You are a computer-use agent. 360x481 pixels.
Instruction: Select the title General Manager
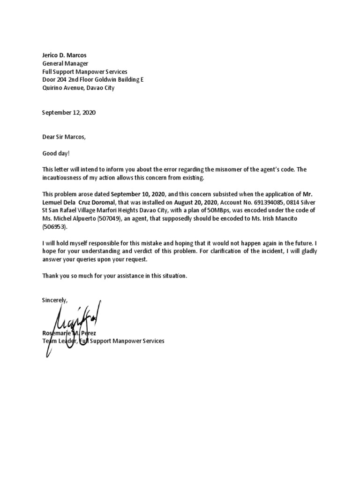65,63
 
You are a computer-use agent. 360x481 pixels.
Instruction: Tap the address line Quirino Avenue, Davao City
78,87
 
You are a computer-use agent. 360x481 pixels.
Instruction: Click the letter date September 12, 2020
69,113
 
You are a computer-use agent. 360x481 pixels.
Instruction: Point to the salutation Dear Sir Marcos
64,137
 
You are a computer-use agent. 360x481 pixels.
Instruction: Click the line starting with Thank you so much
115,276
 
